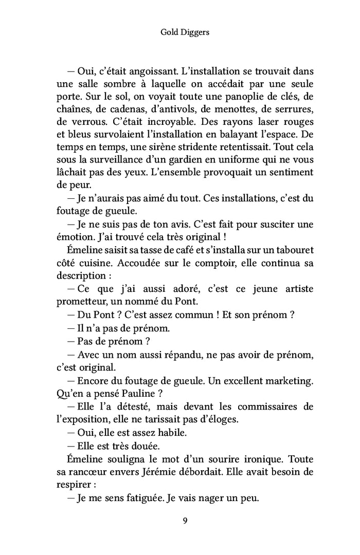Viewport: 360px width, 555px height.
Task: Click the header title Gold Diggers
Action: click(x=180, y=32)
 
